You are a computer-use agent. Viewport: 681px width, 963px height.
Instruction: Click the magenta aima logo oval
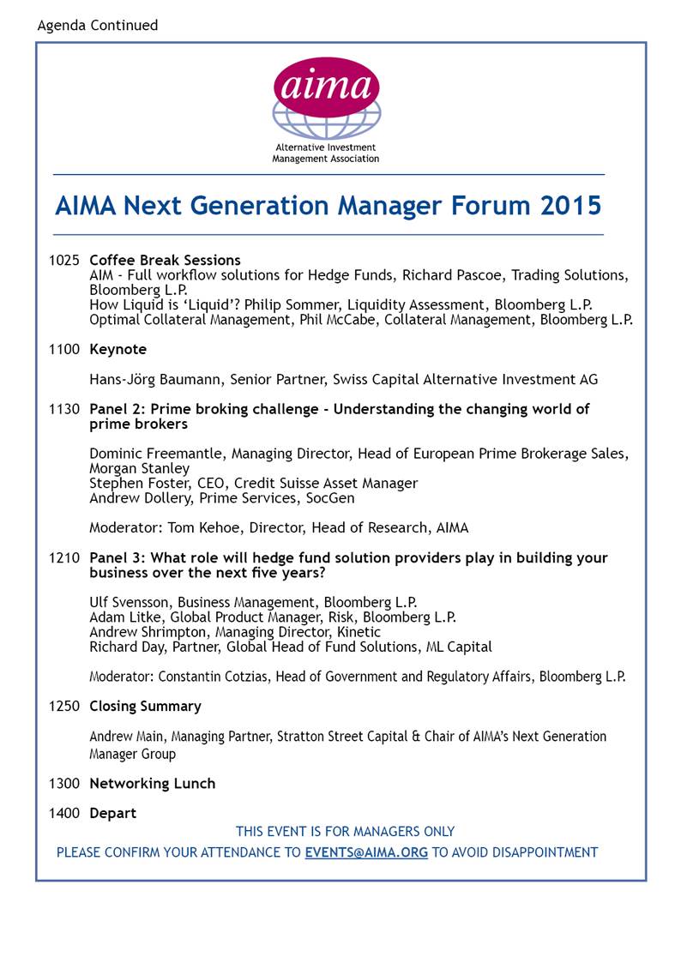[326, 87]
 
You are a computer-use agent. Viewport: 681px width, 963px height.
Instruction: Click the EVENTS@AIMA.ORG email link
[366, 852]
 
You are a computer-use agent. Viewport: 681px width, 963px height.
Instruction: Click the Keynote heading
[118, 349]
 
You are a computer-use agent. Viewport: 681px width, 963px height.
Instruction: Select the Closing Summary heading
[145, 706]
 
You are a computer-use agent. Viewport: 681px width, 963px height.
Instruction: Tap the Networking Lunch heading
[152, 783]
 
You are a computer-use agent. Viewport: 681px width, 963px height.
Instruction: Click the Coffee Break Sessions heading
[165, 260]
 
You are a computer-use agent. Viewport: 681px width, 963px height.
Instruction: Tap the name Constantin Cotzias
[214, 677]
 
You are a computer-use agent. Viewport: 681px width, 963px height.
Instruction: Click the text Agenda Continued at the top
[98, 25]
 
